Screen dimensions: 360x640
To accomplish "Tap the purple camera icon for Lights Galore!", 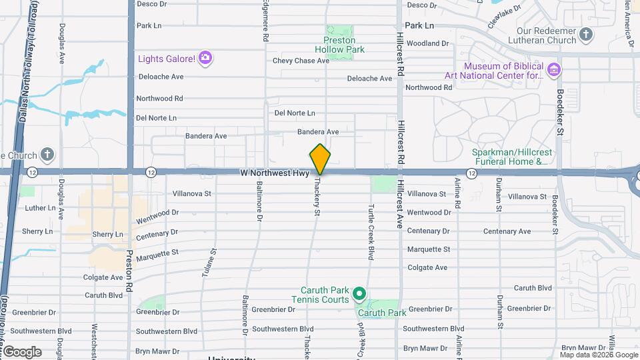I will point(205,59).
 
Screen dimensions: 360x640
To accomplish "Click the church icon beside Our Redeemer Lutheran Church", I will point(585,34).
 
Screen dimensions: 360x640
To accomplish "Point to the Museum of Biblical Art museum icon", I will point(553,69).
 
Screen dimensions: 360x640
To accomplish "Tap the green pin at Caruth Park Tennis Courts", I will point(359,293).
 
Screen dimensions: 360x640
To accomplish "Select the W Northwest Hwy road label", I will point(275,173).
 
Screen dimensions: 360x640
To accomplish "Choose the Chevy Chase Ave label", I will point(301,61).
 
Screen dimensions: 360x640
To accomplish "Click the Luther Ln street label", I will point(40,208).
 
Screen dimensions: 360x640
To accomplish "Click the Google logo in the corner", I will point(21,351).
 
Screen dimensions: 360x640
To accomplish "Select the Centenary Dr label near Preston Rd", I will point(157,235).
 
